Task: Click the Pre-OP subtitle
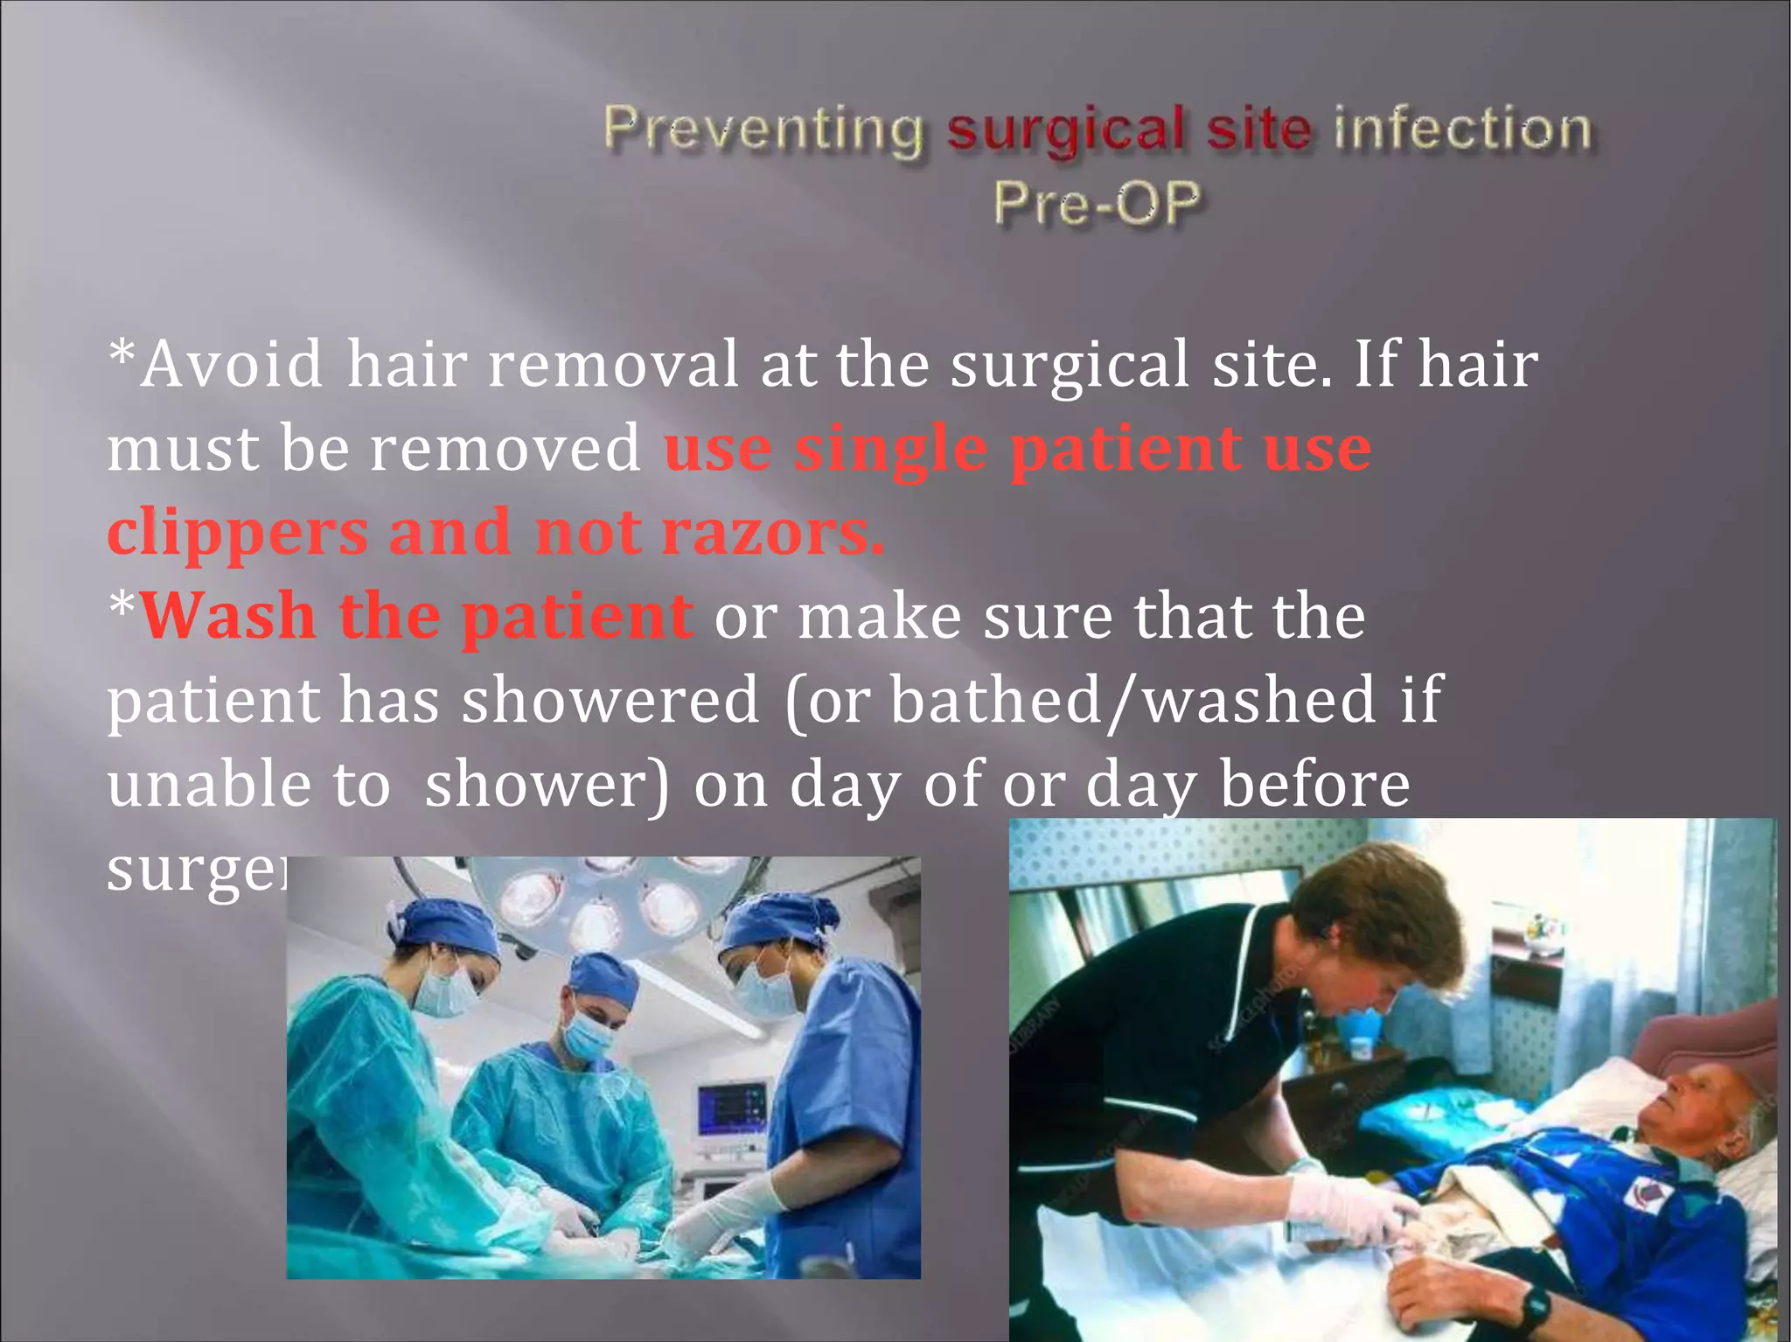[1097, 205]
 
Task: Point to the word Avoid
[232, 364]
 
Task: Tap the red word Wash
[227, 616]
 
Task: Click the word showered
[610, 700]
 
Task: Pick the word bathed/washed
[1133, 700]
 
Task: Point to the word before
[1314, 784]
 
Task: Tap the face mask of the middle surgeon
[587, 1037]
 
